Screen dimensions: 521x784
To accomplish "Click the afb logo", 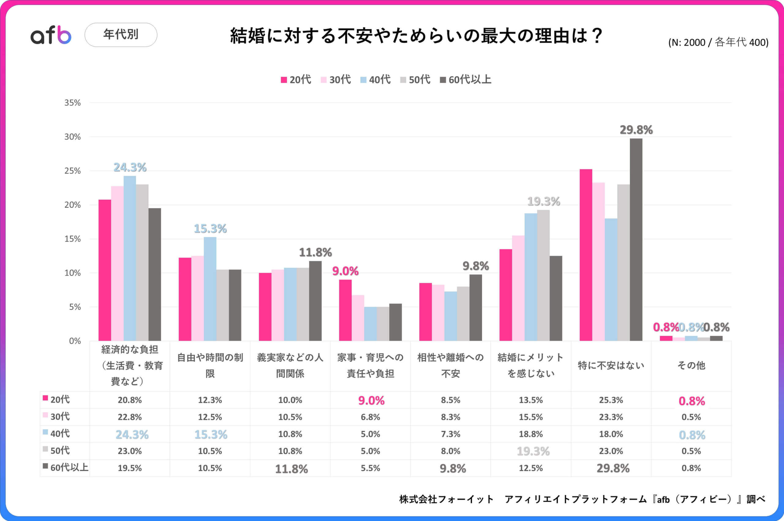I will coord(51,35).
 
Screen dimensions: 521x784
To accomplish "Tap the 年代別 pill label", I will coord(121,35).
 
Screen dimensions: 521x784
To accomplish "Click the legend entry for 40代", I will coord(375,80).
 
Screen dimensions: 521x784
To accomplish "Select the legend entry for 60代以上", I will coord(466,80).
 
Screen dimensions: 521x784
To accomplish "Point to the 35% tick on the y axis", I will coord(72,103).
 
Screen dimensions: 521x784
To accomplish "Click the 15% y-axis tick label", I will coord(72,239).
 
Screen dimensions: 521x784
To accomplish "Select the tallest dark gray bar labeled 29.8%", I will coord(636,239).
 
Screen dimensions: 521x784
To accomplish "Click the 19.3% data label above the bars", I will coord(544,201).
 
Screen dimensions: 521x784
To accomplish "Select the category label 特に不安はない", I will coord(611,365).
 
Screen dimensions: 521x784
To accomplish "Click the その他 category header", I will coord(691,365).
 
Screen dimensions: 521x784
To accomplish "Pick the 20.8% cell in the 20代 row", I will coord(130,400).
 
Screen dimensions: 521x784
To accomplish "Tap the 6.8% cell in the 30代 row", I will coord(370,417).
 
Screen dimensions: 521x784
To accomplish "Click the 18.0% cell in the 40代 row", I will coord(611,434).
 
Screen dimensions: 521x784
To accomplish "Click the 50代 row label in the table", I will coord(60,451).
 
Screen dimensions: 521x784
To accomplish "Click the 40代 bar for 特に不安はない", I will coord(611,279).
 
